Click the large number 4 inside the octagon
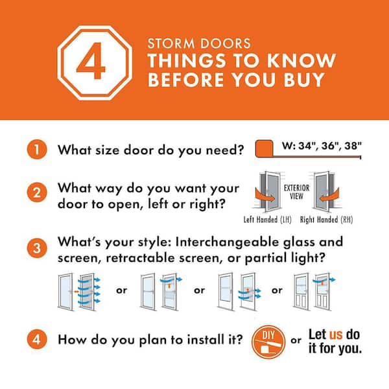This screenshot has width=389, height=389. click(x=91, y=61)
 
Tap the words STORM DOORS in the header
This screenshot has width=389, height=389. click(x=199, y=43)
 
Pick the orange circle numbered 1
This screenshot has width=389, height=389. click(x=37, y=149)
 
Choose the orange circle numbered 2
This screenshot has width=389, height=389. click(x=37, y=193)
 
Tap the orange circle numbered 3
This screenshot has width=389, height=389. click(x=37, y=248)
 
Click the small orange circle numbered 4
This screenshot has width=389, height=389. click(x=37, y=339)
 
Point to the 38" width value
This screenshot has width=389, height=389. click(x=353, y=146)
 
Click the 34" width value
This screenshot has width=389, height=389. click(x=308, y=146)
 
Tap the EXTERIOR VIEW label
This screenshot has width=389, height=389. click(x=296, y=192)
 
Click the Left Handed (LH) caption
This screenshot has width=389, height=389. click(x=267, y=220)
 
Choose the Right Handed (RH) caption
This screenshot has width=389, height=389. click(x=326, y=220)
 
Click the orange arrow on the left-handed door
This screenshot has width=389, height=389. click(x=265, y=196)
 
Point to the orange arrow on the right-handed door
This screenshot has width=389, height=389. click(x=329, y=196)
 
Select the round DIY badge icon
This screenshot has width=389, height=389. click(x=268, y=342)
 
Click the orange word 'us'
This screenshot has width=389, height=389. click(x=336, y=334)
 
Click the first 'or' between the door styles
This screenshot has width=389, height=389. click(x=122, y=290)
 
